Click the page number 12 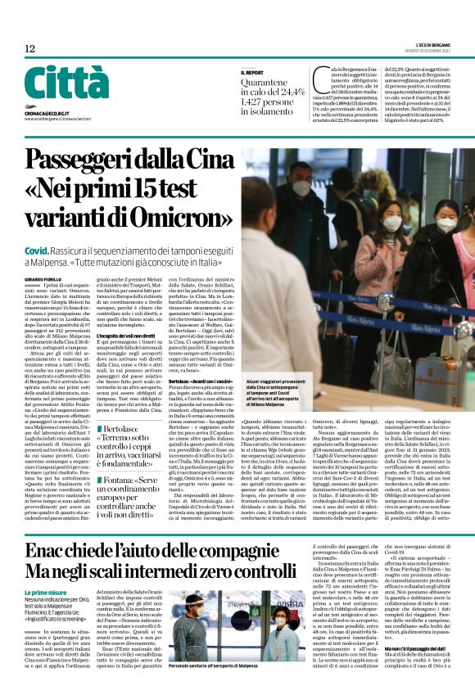(x=29, y=49)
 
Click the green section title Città (x=55, y=83)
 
